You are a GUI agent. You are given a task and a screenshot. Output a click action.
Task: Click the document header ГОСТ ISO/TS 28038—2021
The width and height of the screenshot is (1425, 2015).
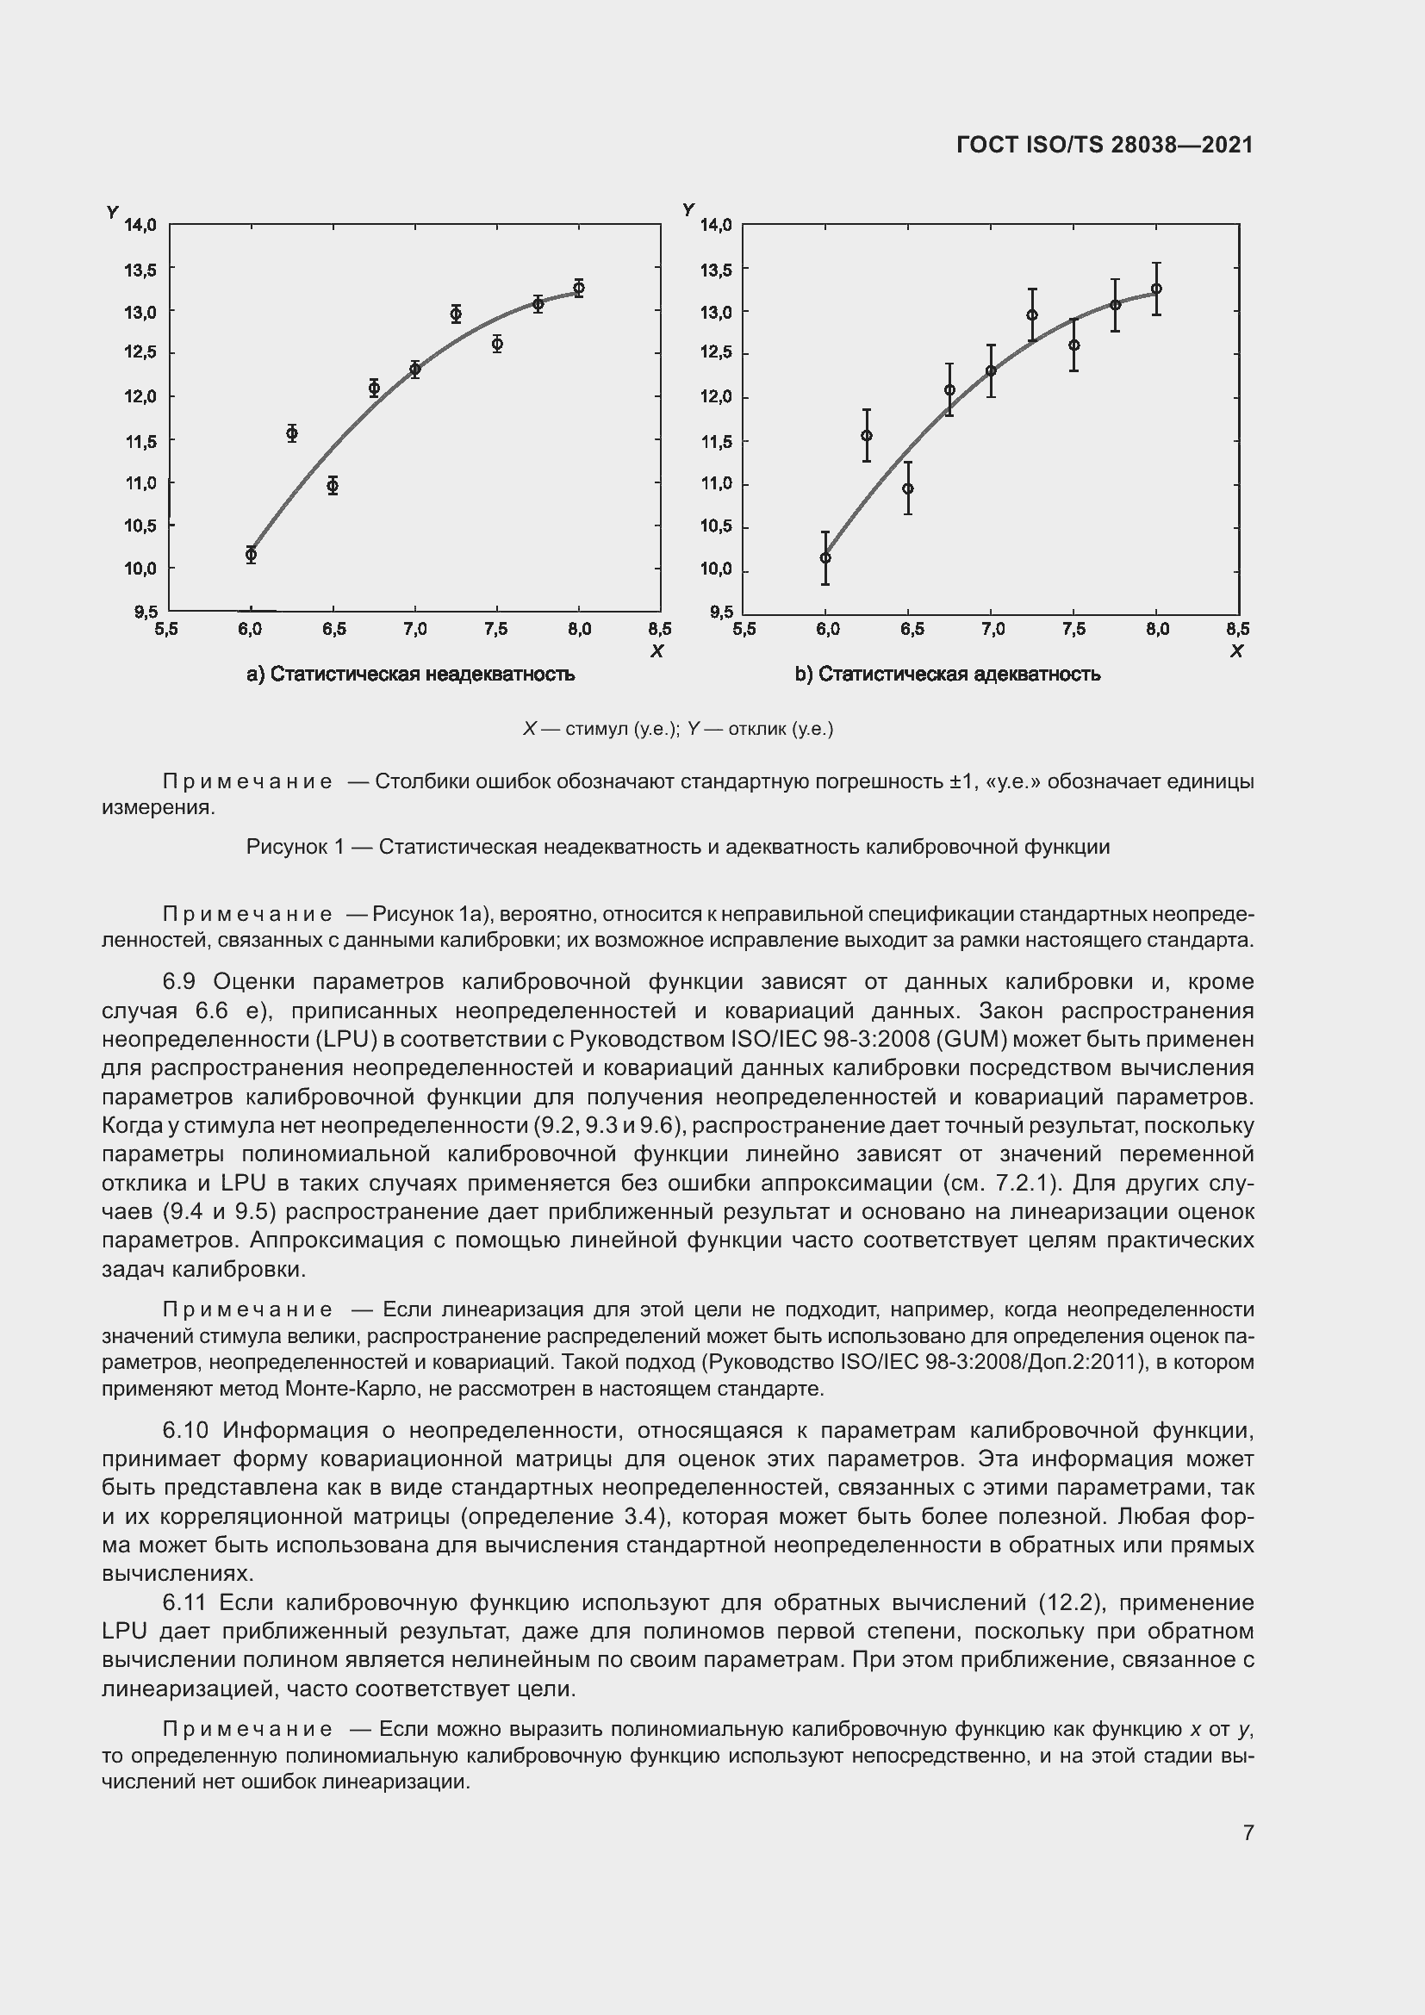click(1104, 145)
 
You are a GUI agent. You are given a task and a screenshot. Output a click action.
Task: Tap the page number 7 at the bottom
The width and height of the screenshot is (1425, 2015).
click(1248, 1832)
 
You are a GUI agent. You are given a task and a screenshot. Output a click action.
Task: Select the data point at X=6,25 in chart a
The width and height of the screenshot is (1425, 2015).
click(292, 433)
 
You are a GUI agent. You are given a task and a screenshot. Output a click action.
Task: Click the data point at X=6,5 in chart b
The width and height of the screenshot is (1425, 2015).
click(908, 488)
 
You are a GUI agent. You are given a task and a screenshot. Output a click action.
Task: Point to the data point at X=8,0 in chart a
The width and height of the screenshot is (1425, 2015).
click(578, 288)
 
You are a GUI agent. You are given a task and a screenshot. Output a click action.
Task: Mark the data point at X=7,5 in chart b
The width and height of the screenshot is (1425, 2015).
click(1074, 345)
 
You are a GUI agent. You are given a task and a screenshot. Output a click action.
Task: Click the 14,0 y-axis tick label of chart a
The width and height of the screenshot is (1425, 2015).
click(140, 226)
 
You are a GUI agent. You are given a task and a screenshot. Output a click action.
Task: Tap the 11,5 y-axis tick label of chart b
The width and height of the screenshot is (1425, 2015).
click(715, 441)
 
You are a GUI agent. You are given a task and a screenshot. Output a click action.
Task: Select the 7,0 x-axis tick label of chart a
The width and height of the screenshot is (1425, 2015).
click(414, 629)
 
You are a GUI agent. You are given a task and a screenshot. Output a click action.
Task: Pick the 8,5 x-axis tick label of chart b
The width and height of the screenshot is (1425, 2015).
click(1237, 629)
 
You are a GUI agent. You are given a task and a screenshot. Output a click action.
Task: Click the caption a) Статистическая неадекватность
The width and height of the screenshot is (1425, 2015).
click(411, 674)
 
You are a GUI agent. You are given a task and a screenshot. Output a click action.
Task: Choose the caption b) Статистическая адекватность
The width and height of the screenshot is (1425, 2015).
click(948, 674)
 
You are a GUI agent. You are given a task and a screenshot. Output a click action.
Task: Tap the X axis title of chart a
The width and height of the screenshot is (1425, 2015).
click(656, 651)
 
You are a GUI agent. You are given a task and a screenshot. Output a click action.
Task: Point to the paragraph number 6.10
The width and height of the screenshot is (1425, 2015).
click(185, 1431)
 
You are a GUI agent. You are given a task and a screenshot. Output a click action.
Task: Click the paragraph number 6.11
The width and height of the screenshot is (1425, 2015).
click(184, 1602)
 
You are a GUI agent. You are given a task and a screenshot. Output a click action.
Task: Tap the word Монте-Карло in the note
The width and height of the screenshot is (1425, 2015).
click(336, 1390)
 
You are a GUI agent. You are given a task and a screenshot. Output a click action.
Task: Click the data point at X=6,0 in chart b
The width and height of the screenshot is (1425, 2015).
click(825, 558)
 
